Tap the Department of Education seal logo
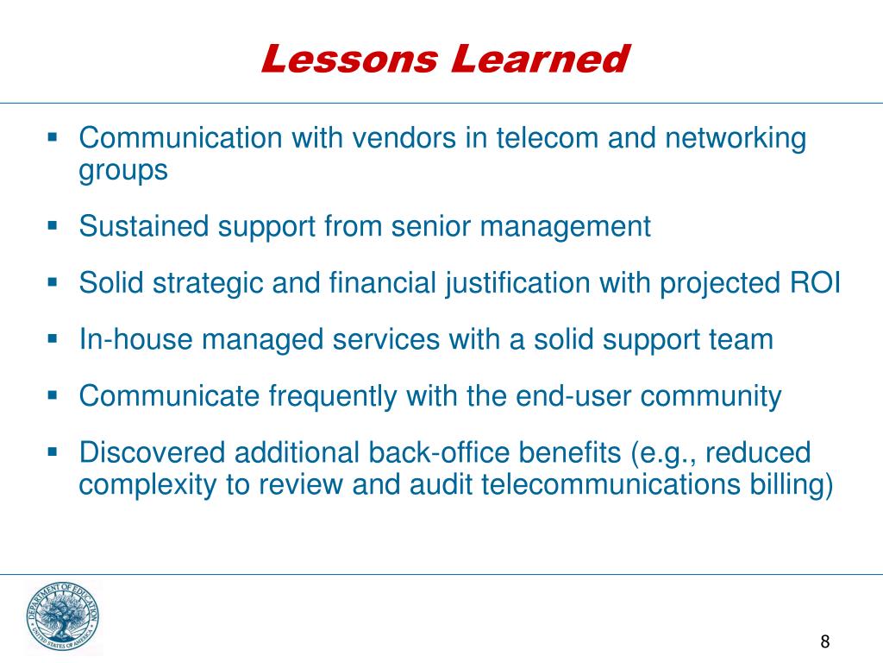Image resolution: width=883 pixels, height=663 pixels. [62, 616]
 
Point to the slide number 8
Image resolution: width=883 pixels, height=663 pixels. [825, 641]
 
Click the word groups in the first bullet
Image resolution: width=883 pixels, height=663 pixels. [123, 170]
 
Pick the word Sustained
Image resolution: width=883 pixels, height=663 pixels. [144, 227]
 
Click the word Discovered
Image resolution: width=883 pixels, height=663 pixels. [152, 452]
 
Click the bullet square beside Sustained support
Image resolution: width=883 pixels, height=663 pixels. [52, 227]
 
